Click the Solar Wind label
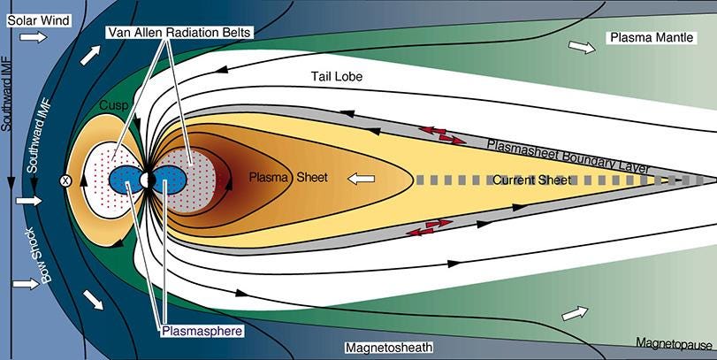click(38, 20)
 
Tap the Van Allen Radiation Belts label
click(179, 32)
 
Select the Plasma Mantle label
click(652, 37)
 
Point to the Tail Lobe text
click(337, 76)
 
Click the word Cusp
click(113, 105)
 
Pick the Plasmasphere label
click(202, 330)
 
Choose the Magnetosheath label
click(389, 348)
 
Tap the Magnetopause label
click(674, 343)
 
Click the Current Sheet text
click(532, 180)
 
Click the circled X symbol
click(65, 180)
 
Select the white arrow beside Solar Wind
click(33, 37)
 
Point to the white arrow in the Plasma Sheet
click(362, 179)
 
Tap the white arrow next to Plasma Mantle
click(582, 47)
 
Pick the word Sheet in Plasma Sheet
click(312, 177)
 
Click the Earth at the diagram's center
click(147, 180)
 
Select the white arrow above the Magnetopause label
click(576, 313)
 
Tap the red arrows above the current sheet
click(442, 135)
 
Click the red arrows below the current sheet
click(430, 227)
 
